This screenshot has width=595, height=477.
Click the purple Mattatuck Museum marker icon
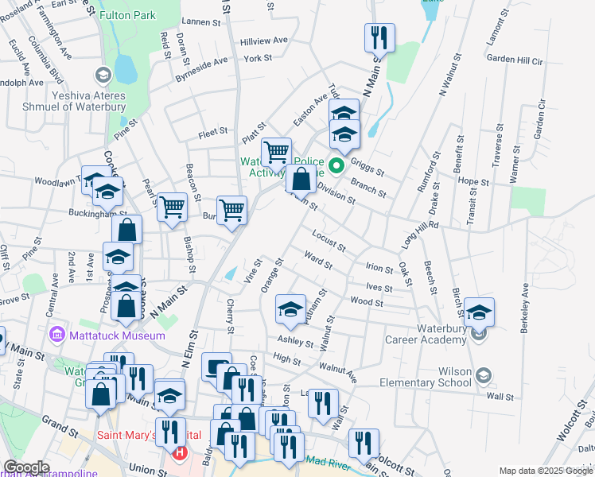(x=56, y=335)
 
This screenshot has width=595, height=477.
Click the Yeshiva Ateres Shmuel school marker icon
(x=102, y=75)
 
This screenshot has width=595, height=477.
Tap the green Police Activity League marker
(x=336, y=165)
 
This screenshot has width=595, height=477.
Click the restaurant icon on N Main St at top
(x=379, y=37)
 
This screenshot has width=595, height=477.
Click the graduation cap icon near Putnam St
(x=290, y=308)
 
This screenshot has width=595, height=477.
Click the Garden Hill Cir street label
(x=514, y=60)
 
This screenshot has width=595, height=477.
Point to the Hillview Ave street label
(x=264, y=40)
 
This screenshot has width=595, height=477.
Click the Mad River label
(x=329, y=460)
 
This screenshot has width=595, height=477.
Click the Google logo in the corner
(x=25, y=467)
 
